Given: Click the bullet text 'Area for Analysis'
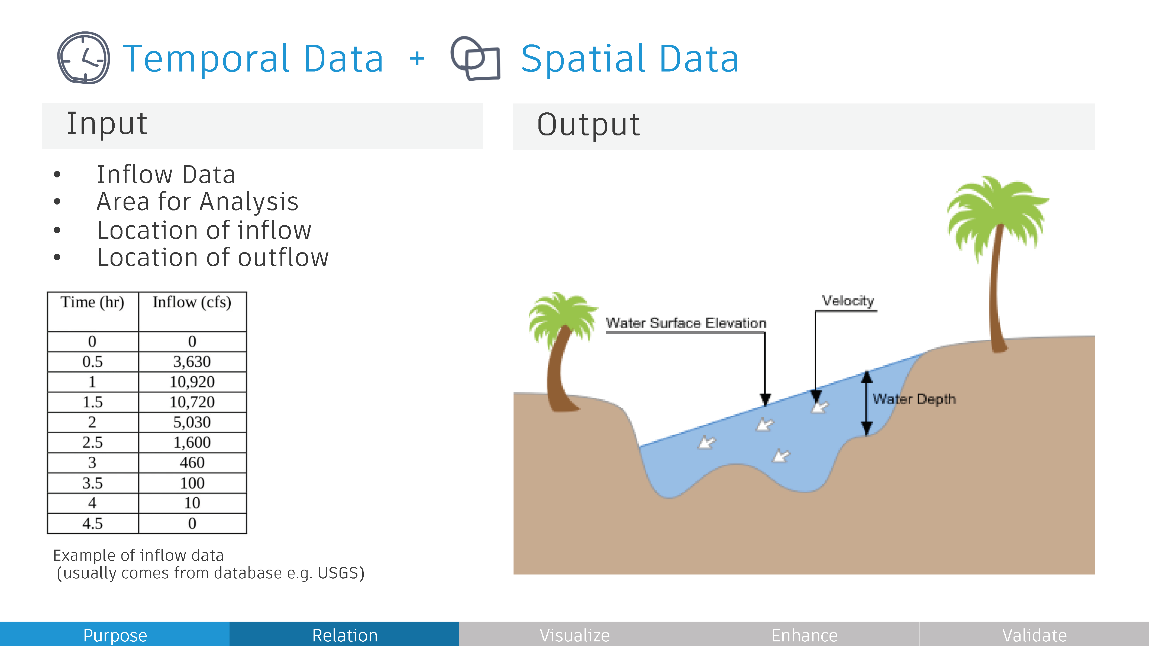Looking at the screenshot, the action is [198, 202].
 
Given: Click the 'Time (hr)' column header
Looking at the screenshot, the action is [92, 302].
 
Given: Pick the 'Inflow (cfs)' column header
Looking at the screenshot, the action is [192, 302].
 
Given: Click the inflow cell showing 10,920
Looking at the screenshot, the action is [192, 382].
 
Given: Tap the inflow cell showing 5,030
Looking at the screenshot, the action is [192, 422].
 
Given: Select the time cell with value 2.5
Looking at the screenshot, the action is [92, 442].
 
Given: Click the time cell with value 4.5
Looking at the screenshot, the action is [92, 523].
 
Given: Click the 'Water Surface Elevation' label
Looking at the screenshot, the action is [686, 323].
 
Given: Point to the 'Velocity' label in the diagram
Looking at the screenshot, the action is [848, 301].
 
